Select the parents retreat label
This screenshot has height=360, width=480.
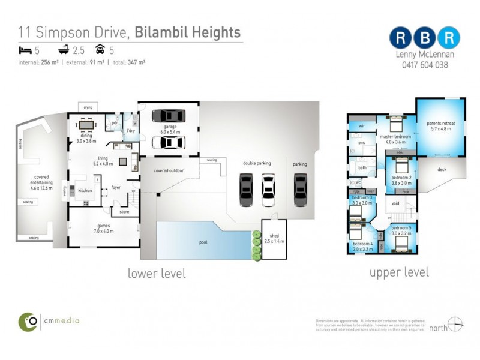(443, 125)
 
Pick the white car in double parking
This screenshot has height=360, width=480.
(268, 190)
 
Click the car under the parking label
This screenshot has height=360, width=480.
(300, 190)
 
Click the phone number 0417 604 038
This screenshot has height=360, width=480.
(425, 65)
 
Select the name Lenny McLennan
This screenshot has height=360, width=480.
(425, 55)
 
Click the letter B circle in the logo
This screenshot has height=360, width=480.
(425, 37)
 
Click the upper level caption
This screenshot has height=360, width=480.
(399, 272)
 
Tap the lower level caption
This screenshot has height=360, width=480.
(157, 274)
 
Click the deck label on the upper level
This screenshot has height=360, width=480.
(442, 170)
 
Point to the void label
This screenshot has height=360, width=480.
(395, 203)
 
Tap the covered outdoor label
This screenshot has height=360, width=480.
(169, 171)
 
